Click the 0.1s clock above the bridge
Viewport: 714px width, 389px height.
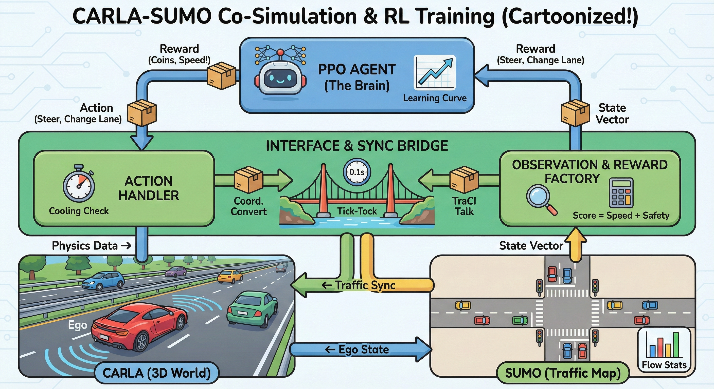(357, 172)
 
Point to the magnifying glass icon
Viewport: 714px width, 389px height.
(540, 198)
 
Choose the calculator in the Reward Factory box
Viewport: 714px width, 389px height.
(621, 193)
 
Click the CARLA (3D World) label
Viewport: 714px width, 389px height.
(157, 373)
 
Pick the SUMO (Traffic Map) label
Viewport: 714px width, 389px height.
(563, 373)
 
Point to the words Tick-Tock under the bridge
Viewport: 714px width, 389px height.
(357, 211)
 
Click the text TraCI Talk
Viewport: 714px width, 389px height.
(464, 206)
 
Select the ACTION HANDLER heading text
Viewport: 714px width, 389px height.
(149, 188)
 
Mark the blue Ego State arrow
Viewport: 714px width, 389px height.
(360, 349)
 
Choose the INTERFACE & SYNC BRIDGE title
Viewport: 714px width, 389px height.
(357, 146)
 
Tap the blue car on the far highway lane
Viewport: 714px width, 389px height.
(103, 280)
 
